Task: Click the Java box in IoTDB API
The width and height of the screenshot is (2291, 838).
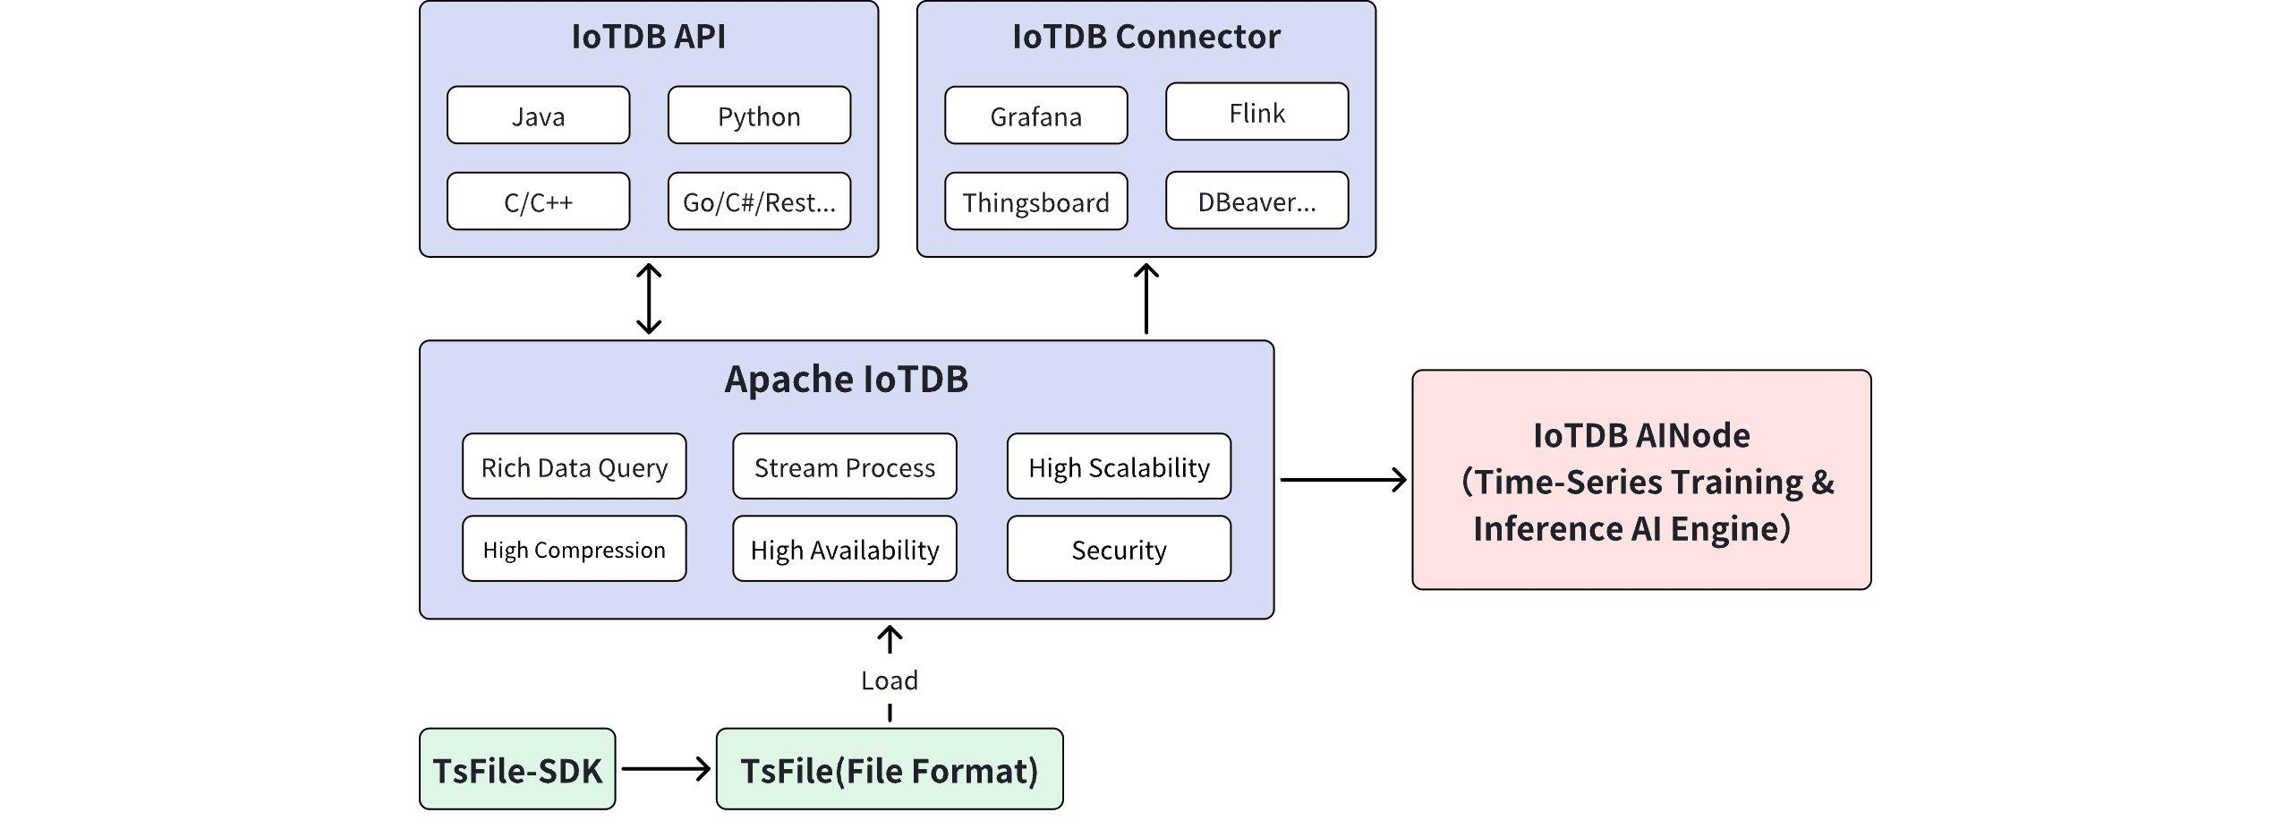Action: tap(538, 115)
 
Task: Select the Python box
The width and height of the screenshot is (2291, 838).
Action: tap(759, 115)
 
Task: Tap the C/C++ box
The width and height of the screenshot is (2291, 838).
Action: tap(538, 201)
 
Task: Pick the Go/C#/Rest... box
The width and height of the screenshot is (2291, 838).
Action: tap(759, 201)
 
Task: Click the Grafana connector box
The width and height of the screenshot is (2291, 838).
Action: tap(1035, 115)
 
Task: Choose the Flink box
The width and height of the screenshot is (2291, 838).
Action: tap(1256, 112)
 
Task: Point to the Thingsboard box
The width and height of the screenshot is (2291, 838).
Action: tap(1035, 201)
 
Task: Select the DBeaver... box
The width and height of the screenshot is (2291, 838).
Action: tap(1256, 201)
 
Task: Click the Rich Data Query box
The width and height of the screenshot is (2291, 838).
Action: tap(574, 466)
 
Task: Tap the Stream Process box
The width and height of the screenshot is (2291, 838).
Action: tap(844, 466)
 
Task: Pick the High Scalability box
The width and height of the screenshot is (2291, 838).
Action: tap(1119, 466)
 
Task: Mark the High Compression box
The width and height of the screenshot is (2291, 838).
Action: tap(574, 549)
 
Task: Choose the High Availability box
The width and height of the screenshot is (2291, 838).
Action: tap(844, 549)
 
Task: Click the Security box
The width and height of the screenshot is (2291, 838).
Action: tap(1119, 549)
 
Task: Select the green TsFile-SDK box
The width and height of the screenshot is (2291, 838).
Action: tap(517, 769)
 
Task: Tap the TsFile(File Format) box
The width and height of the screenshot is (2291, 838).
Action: tap(890, 769)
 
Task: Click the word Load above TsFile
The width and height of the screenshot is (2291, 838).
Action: tap(890, 680)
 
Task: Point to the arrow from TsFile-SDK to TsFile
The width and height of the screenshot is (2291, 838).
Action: tap(666, 769)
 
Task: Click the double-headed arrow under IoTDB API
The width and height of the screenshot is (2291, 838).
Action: tap(649, 298)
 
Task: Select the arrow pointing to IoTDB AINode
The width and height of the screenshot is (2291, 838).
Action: tap(1342, 480)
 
